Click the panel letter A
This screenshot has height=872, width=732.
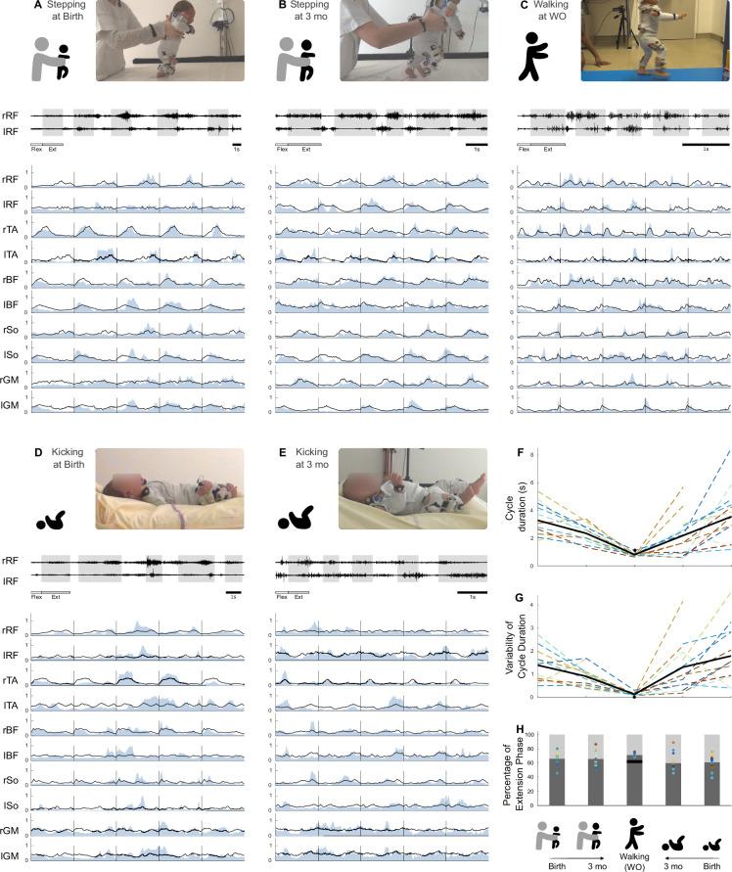37,5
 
